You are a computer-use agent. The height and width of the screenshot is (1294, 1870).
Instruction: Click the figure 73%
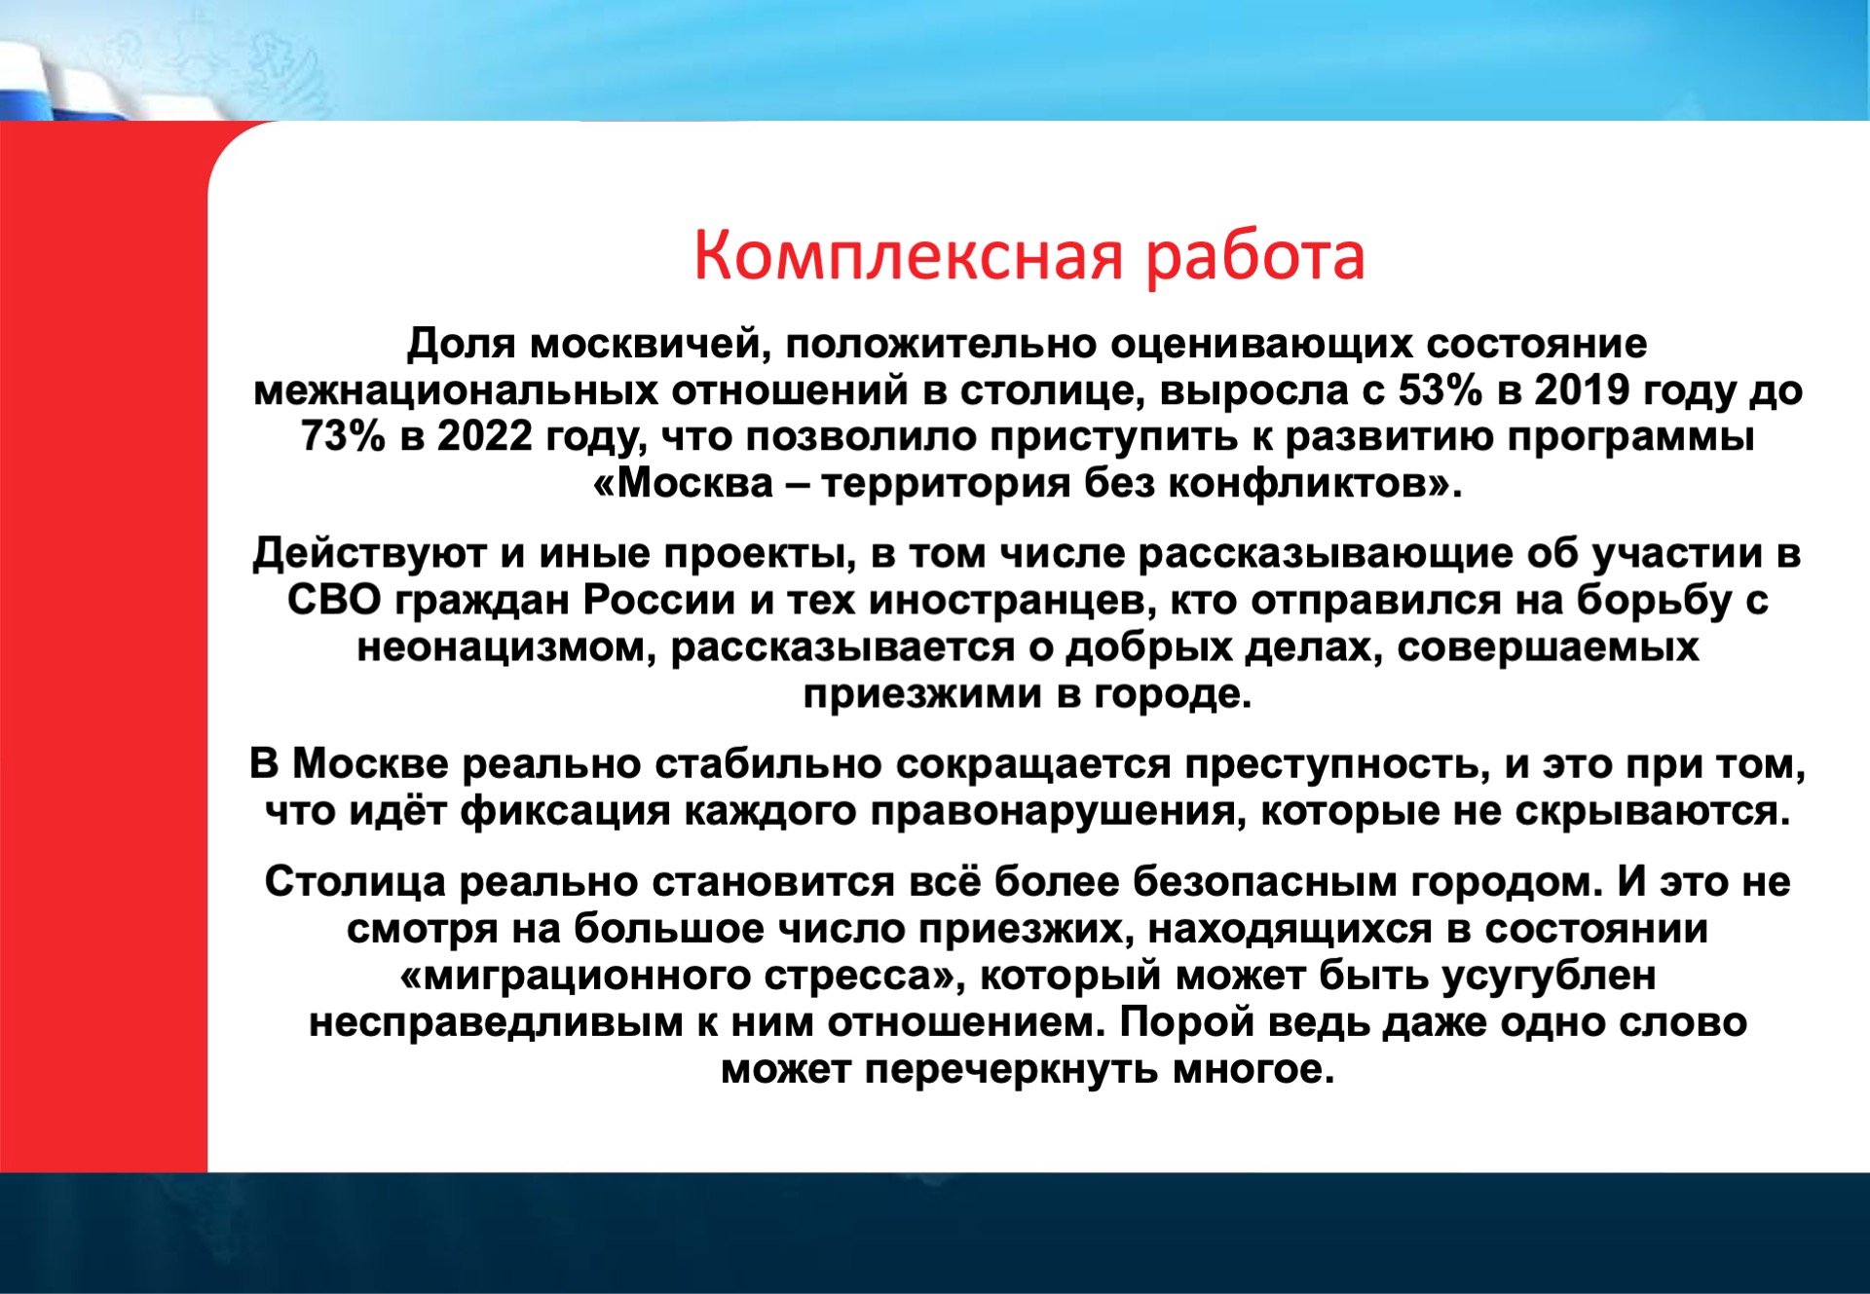(344, 437)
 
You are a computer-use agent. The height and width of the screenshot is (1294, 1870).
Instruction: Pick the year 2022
(485, 437)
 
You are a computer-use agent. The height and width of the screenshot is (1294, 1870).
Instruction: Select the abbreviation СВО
(334, 601)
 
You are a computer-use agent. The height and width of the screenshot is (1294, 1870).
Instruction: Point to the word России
(659, 601)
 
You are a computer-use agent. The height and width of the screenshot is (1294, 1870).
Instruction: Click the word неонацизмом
(506, 647)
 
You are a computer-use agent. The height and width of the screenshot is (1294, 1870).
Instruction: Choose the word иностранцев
(1007, 602)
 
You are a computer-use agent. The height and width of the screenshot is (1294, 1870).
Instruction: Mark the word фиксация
(566, 812)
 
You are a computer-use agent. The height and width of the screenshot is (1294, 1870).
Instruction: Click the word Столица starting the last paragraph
(355, 882)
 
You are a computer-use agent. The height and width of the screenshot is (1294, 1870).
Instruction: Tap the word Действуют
(369, 555)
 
